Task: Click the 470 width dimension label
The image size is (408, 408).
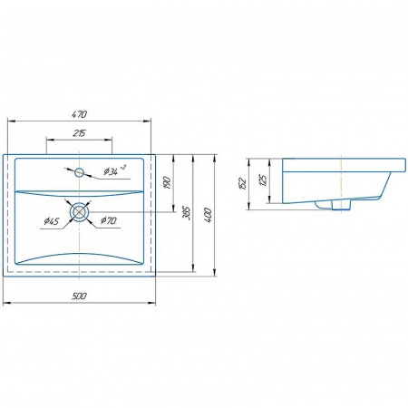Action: click(80, 114)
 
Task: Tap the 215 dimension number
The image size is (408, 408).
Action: click(80, 133)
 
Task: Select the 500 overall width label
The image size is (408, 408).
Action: click(79, 296)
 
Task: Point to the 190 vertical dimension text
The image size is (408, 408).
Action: click(168, 183)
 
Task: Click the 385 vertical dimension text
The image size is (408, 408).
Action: click(187, 213)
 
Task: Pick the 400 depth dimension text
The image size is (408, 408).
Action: click(209, 215)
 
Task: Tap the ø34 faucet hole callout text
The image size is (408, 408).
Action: click(114, 170)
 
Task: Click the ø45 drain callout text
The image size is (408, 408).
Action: click(52, 221)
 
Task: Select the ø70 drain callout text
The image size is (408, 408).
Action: click(108, 220)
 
